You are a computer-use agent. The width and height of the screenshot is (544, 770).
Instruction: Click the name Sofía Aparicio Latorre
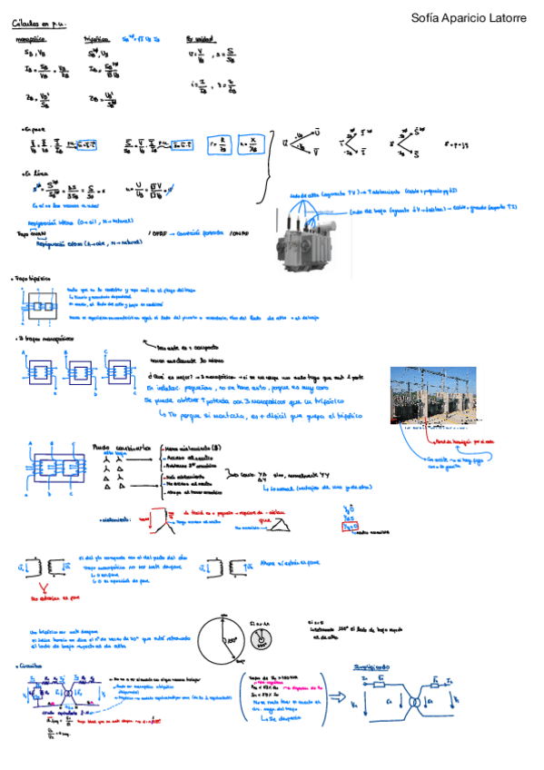468,17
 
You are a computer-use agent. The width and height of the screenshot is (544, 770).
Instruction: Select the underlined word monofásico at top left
33,40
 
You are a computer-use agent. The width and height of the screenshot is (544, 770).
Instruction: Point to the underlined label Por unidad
203,40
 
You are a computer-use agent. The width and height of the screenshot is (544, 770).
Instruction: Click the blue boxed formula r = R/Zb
222,143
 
